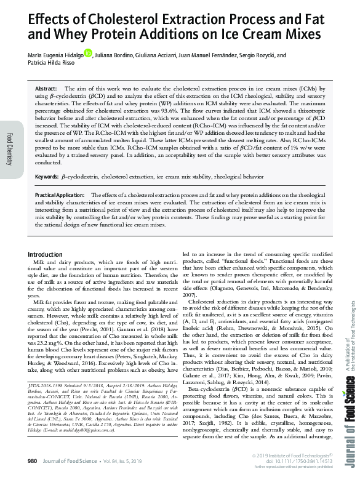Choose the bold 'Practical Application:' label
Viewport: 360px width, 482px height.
61,195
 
